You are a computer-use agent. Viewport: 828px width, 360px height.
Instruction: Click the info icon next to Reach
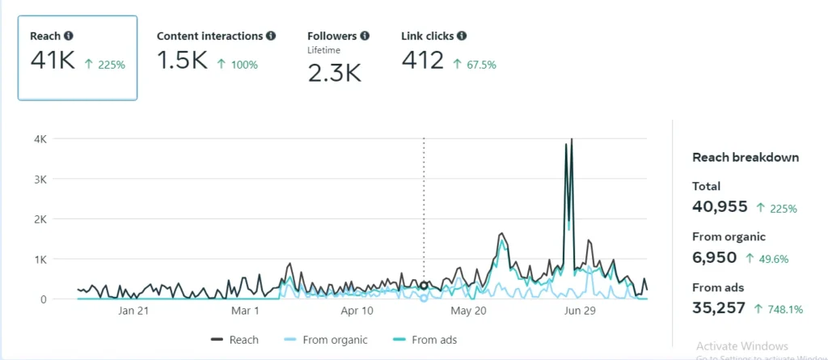pos(69,36)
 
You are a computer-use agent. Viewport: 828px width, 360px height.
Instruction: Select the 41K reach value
pos(53,61)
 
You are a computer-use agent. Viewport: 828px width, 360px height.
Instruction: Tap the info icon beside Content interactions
pos(271,36)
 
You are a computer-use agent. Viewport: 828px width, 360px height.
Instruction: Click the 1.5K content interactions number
pos(182,61)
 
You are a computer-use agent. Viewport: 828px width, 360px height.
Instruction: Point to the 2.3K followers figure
pos(334,74)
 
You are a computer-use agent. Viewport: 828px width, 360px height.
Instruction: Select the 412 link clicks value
pos(423,61)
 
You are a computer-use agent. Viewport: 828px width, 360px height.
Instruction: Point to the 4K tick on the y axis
pos(40,139)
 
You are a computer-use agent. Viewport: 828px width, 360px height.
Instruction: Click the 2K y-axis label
pos(40,219)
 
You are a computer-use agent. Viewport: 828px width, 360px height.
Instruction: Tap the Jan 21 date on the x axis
pos(133,311)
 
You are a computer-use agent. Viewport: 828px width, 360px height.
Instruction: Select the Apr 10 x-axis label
pos(357,311)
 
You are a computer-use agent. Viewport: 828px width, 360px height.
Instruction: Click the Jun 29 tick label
pos(578,311)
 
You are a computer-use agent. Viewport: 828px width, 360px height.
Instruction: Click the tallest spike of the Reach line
pos(572,140)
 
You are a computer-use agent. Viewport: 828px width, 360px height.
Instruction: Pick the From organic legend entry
pos(327,340)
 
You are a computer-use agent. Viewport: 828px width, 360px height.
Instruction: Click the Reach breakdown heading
pos(746,158)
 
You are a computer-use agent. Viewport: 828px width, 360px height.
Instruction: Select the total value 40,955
pos(720,207)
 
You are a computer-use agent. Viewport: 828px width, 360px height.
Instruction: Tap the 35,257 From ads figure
pos(720,307)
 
